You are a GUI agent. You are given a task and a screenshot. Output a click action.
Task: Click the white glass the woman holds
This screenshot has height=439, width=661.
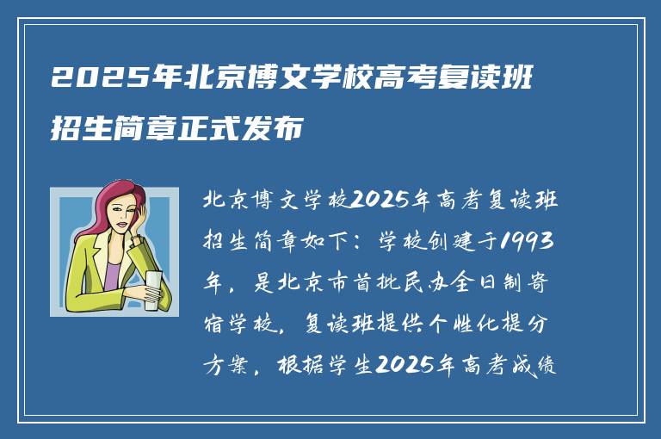point(152,290)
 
